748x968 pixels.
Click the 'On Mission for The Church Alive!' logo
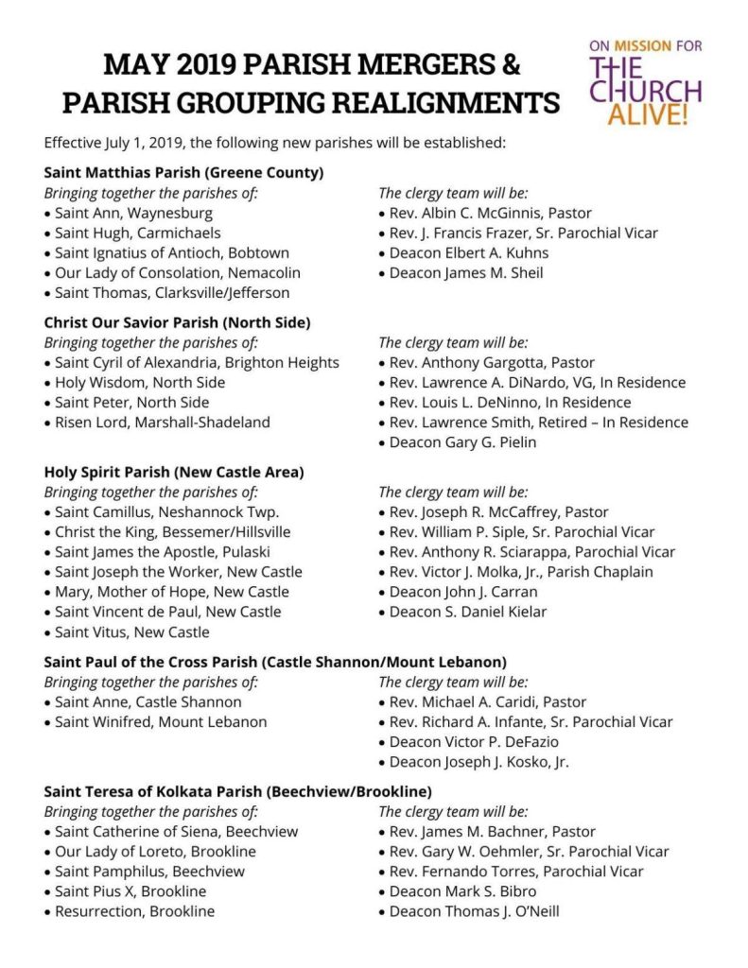coord(645,83)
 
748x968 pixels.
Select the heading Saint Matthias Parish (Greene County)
coord(184,173)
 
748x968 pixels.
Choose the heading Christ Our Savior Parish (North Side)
coord(178,322)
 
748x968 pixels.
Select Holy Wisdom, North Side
coord(139,382)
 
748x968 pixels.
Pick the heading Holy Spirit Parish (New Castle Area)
coord(174,472)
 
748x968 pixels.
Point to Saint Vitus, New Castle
coord(131,631)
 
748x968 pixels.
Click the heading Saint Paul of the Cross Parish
coord(274,662)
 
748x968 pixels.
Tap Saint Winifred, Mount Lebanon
coord(160,721)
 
